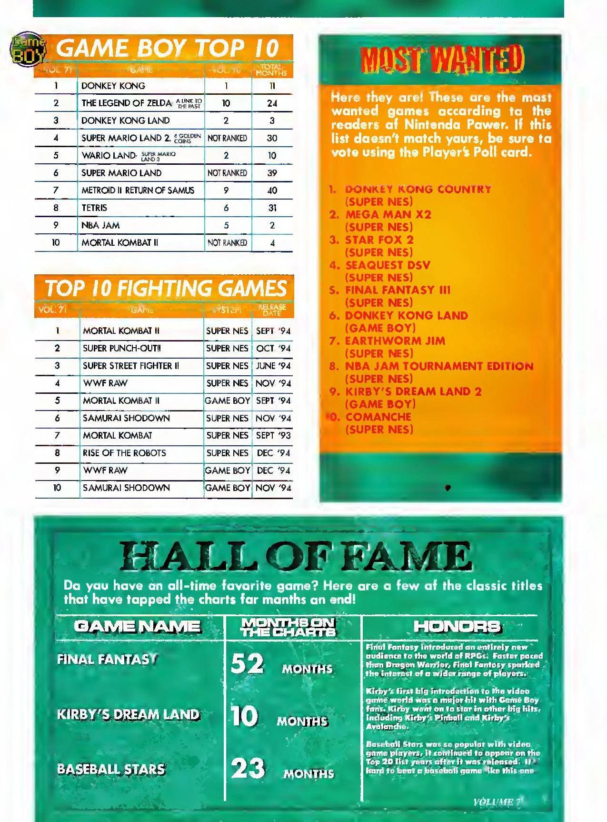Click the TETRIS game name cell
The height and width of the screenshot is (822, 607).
coord(94,208)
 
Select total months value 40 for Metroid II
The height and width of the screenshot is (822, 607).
coord(272,190)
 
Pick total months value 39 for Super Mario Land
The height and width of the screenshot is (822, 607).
coord(272,173)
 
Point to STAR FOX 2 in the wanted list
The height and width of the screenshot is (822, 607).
coord(379,240)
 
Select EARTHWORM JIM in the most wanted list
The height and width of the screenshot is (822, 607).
coord(395,341)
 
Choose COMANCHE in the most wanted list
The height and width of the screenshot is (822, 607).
coord(378,417)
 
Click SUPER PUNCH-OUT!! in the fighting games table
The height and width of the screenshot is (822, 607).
coord(122,349)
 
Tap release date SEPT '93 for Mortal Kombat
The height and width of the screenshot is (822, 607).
coord(273,436)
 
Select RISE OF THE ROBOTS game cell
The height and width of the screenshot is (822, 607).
coord(124,453)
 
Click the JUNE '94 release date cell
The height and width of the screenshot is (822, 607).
coord(273,366)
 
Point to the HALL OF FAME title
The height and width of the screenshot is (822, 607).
coord(296,557)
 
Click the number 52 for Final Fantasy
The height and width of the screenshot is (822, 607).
coord(247,663)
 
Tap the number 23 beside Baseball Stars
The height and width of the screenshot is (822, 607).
coord(248,768)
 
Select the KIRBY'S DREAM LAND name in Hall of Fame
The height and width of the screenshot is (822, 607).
coord(128,714)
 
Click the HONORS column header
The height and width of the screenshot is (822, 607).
coord(457,627)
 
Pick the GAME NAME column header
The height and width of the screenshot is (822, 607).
coord(137,627)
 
